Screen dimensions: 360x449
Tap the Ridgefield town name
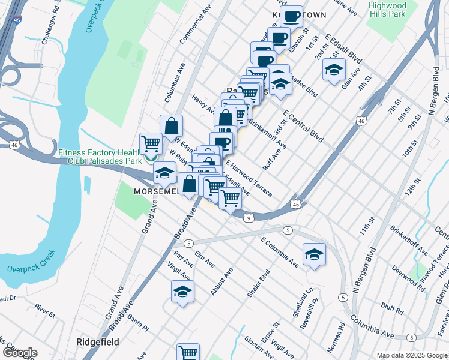pos(97,341)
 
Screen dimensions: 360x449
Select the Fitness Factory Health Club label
pos(100,157)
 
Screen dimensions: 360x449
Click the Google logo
pos(19,353)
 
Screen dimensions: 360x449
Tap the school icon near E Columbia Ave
pos(314,254)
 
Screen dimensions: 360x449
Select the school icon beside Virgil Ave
pos(182,292)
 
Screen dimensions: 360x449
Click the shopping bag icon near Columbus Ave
pos(171,126)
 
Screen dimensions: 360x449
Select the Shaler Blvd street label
pos(257,283)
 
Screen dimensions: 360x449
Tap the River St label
pos(45,310)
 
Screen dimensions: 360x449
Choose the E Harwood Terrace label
pos(249,177)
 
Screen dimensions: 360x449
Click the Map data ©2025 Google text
pos(412,355)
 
